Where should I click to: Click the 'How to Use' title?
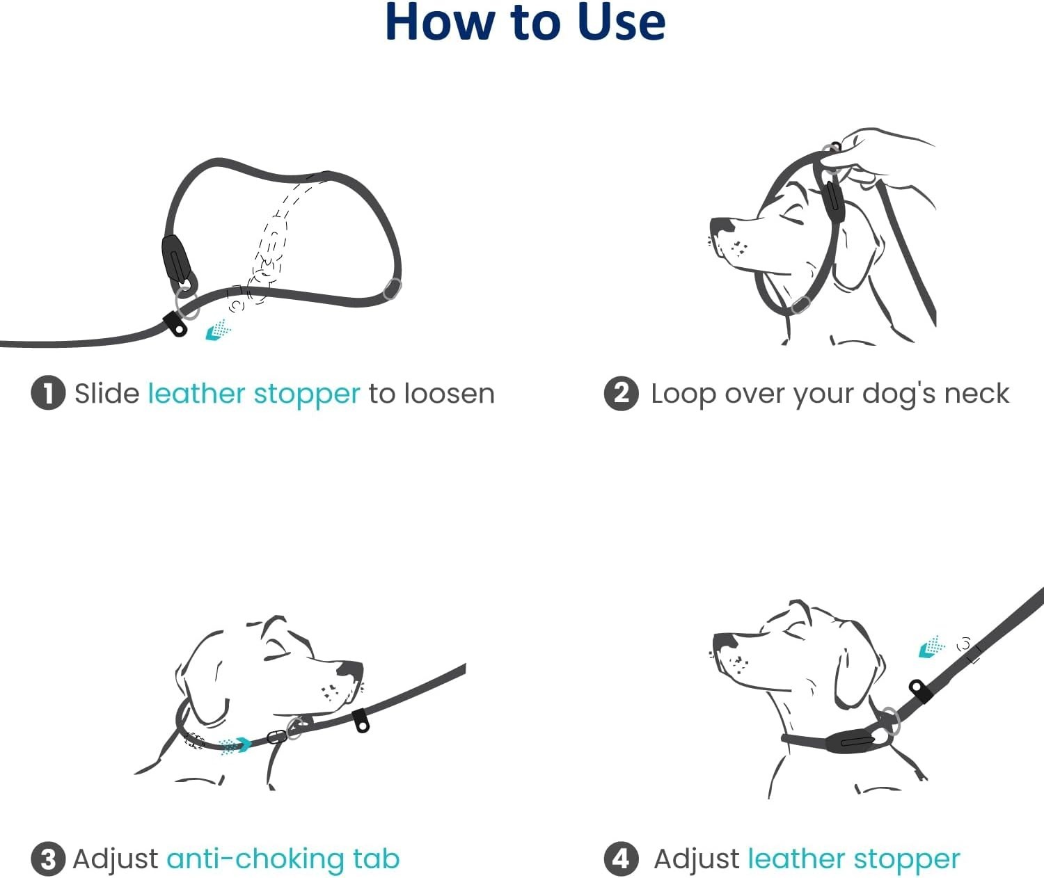click(x=525, y=22)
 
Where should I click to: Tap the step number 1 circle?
click(x=48, y=394)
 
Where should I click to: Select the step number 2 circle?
click(x=621, y=394)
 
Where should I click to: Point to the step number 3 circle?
click(x=48, y=859)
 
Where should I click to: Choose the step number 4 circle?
click(x=621, y=859)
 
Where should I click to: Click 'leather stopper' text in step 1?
click(x=253, y=394)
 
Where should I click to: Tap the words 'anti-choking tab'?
click(x=283, y=859)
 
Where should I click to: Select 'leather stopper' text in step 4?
click(x=853, y=859)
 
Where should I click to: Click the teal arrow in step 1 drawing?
click(x=216, y=330)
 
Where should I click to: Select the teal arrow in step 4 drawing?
click(x=931, y=648)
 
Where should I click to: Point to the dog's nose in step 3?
click(x=349, y=671)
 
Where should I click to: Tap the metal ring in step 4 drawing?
click(x=889, y=720)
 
